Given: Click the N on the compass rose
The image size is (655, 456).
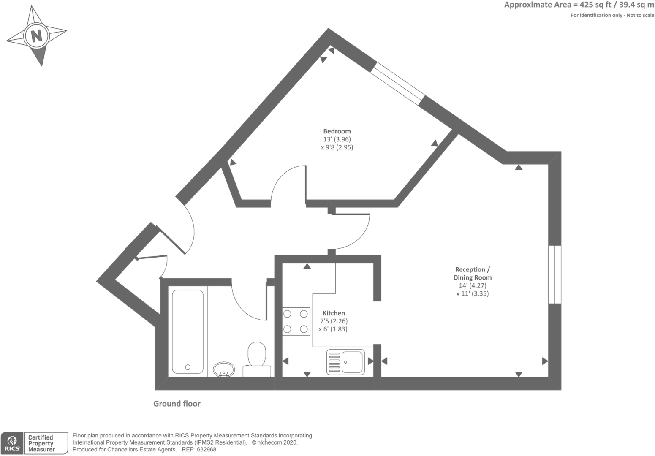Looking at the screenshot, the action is click(37, 36).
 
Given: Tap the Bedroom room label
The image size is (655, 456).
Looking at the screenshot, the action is click(337, 131).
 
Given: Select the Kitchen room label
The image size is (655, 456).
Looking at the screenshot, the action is click(334, 313).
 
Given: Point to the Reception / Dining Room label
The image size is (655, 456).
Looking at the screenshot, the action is click(473, 273).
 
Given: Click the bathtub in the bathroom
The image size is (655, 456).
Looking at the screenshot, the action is click(188, 331).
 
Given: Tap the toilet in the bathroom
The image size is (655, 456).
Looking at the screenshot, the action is click(257, 360).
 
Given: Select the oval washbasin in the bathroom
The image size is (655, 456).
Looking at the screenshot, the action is click(224, 370).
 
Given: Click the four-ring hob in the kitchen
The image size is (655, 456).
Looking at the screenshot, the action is click(296, 322).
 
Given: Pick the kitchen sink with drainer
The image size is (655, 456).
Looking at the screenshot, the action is click(345, 362).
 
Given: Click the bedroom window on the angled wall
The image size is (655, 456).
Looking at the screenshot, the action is click(398, 84).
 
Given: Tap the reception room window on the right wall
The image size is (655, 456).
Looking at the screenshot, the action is click(555, 274).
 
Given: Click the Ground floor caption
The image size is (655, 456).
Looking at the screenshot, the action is click(177, 404).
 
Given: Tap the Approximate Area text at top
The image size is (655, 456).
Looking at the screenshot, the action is click(579, 5).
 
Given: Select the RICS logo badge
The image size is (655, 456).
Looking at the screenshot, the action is click(12, 443).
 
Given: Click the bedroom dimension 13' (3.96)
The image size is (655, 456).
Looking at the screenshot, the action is click(337, 139).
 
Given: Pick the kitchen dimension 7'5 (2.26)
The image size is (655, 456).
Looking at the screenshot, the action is click(334, 321).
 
